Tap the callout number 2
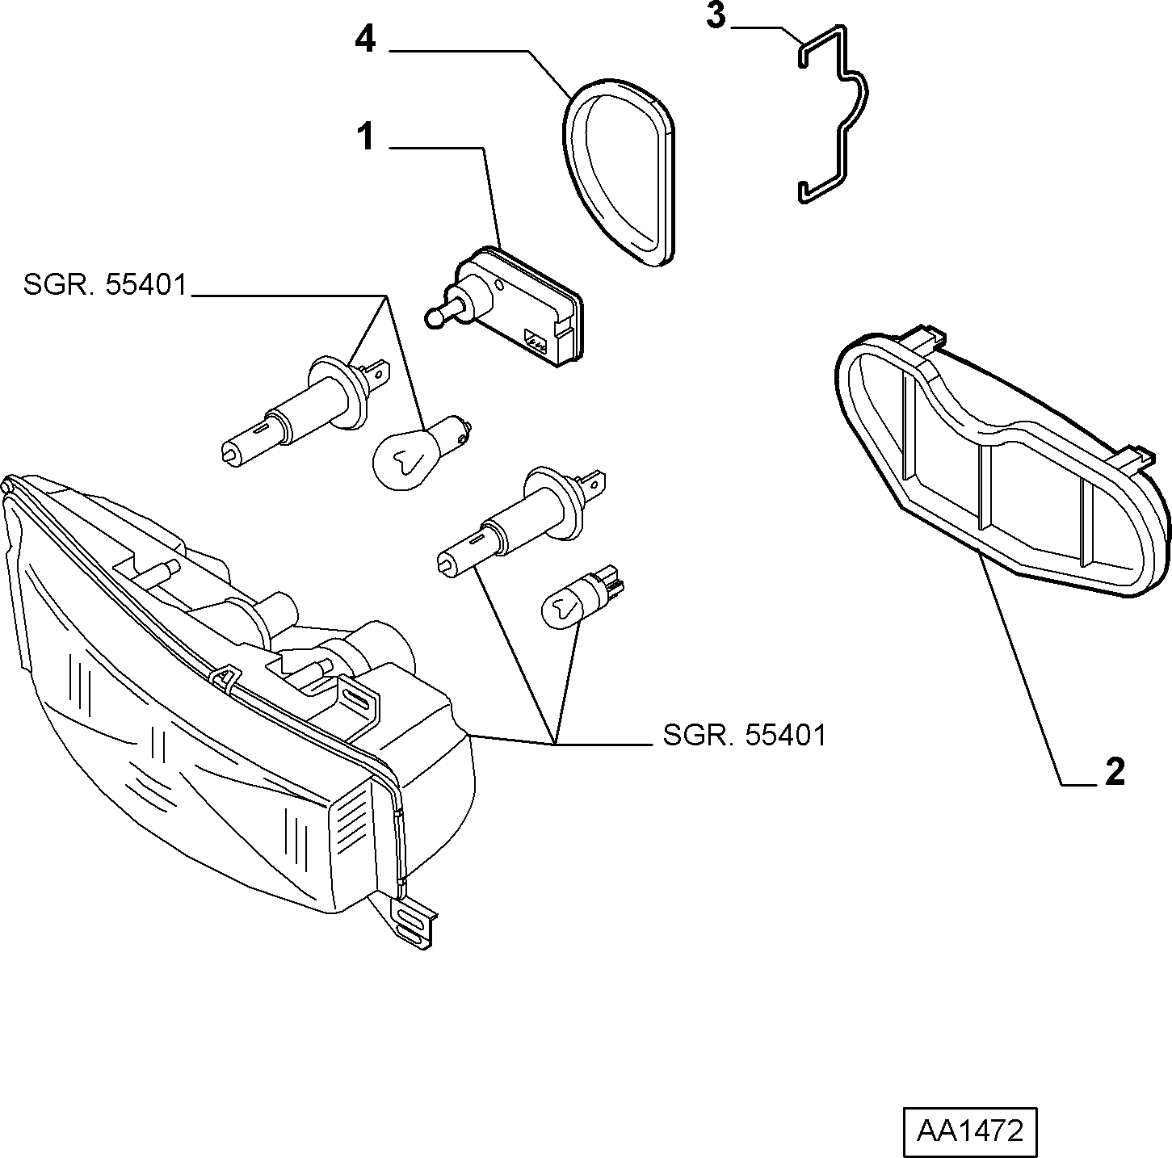pyautogui.click(x=1114, y=773)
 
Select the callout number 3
pyautogui.click(x=716, y=16)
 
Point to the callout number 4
pyautogui.click(x=365, y=40)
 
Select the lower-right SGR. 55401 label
pyautogui.click(x=745, y=736)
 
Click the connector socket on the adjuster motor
pyautogui.click(x=536, y=341)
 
